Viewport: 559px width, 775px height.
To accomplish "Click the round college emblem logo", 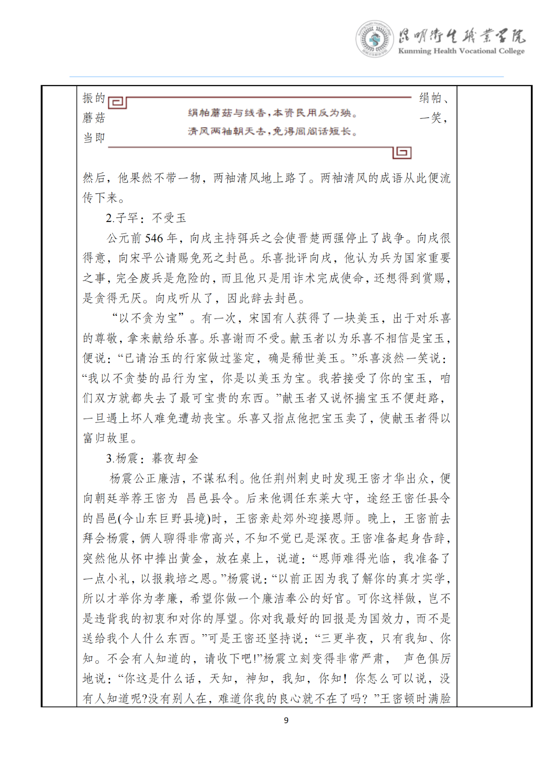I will click(x=374, y=39).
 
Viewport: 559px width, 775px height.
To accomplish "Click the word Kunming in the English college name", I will click(x=415, y=51).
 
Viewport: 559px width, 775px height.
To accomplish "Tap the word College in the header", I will click(x=511, y=51).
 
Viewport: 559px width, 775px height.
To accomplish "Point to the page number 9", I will click(x=286, y=720).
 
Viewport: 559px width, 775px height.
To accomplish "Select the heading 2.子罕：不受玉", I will click(x=146, y=218).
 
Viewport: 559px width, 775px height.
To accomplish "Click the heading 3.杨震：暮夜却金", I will click(x=152, y=458).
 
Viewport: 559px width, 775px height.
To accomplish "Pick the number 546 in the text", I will click(x=154, y=238).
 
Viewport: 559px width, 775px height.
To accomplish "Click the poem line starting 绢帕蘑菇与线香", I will click(x=272, y=113).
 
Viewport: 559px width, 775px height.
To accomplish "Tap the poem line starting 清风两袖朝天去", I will click(x=272, y=131).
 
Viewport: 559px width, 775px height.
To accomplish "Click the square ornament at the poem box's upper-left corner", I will click(x=117, y=102).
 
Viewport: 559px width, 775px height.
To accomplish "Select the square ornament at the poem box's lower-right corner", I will click(x=402, y=152).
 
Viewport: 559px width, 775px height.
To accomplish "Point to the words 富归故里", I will click(x=106, y=438).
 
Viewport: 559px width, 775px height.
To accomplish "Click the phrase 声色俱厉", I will click(x=427, y=659).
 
